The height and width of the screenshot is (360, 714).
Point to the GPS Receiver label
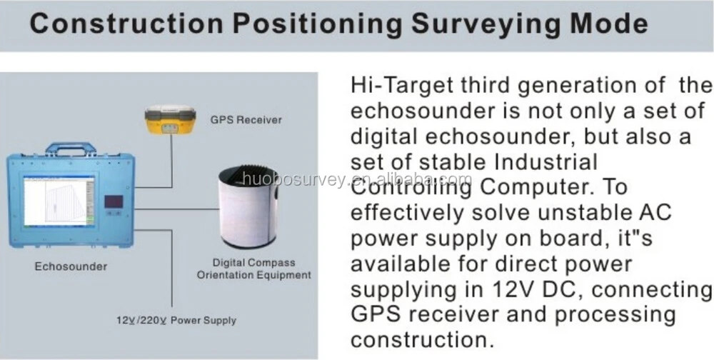tap(246, 120)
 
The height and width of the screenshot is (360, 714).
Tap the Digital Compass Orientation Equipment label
tap(253, 269)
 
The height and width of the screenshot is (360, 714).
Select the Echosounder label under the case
tap(71, 266)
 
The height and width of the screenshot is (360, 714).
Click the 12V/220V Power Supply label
tap(176, 320)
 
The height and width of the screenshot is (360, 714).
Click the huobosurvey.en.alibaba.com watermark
tap(356, 180)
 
